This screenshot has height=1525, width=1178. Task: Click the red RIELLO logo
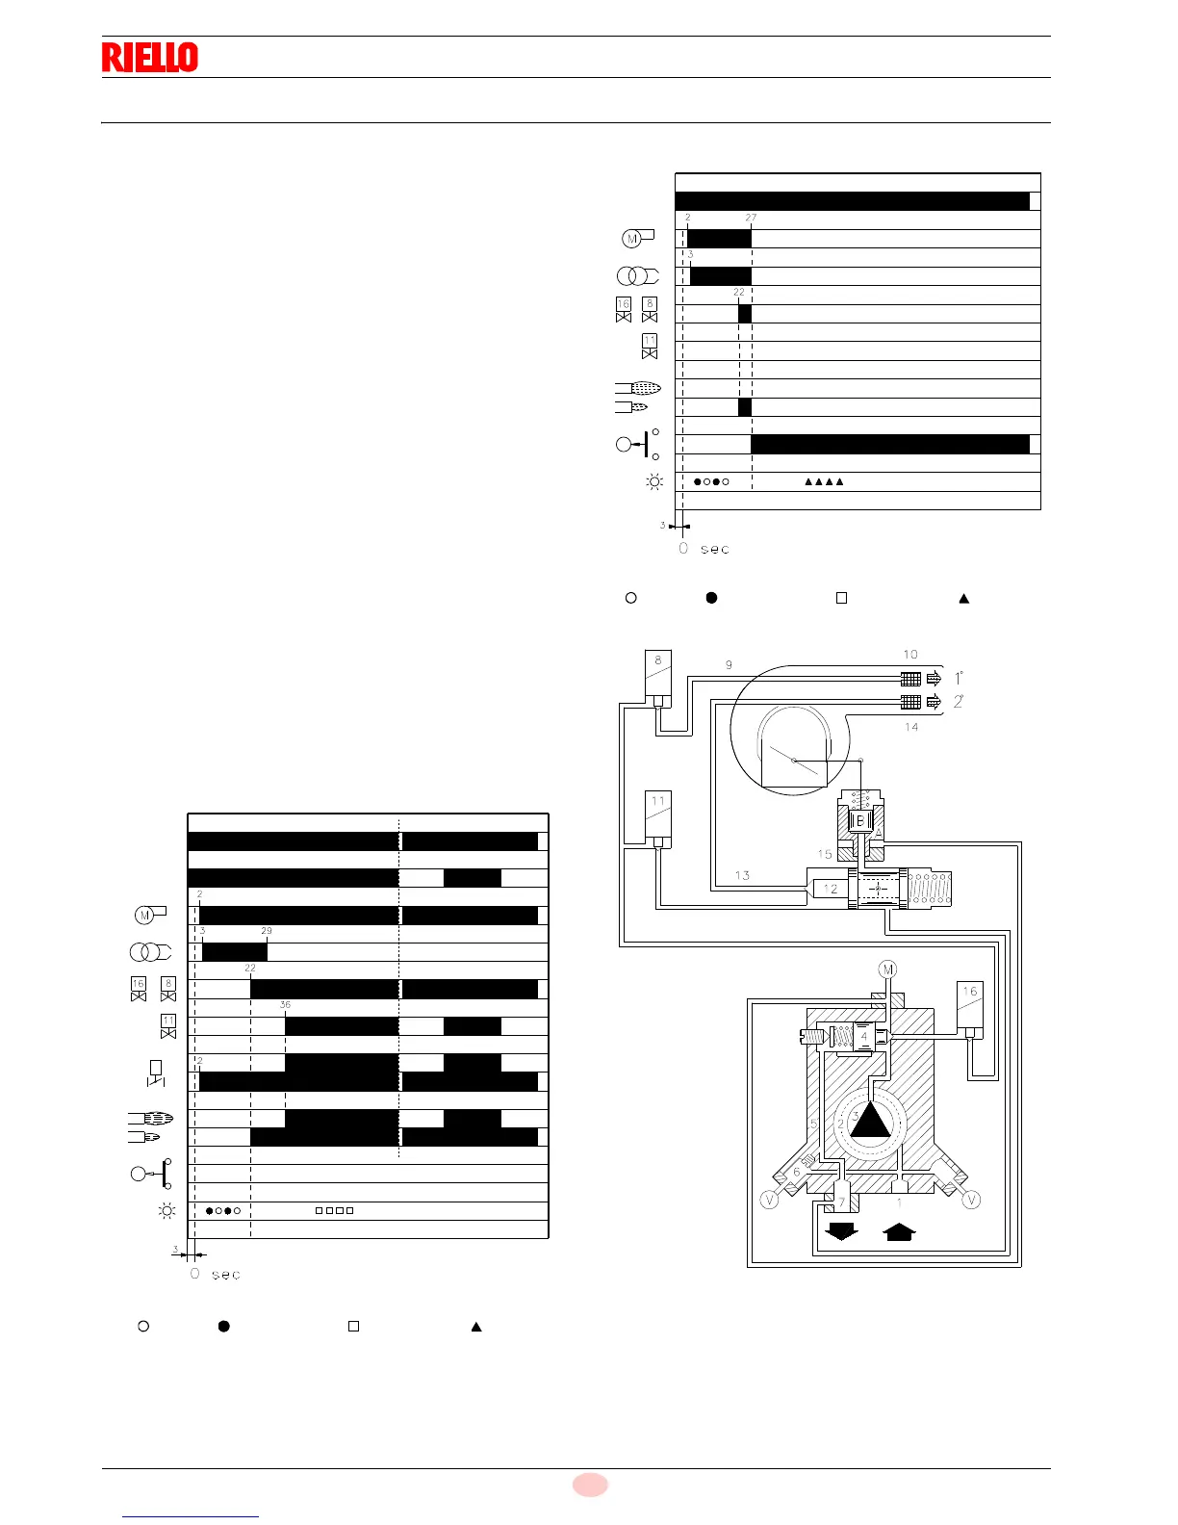coord(150,58)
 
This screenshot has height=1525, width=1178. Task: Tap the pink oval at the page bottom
coord(590,1485)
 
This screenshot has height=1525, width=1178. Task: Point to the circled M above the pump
coord(887,969)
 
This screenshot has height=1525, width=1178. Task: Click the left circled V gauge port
coord(769,1200)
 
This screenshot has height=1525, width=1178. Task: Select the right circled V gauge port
coord(971,1200)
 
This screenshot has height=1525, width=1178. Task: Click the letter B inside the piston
coord(860,820)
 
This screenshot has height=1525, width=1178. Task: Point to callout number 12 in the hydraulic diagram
coord(831,889)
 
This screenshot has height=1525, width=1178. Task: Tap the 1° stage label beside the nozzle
coord(960,678)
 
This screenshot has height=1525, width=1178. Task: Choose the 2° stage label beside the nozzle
coord(959,701)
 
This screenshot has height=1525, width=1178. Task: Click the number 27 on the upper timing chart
coord(751,218)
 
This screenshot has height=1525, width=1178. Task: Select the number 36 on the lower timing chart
coord(285,1005)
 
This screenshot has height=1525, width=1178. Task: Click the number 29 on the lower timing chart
coord(267,931)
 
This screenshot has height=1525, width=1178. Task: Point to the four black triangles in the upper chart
coord(824,481)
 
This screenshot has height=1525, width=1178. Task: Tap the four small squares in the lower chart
coord(335,1210)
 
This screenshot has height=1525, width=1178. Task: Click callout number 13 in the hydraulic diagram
coord(742,875)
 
